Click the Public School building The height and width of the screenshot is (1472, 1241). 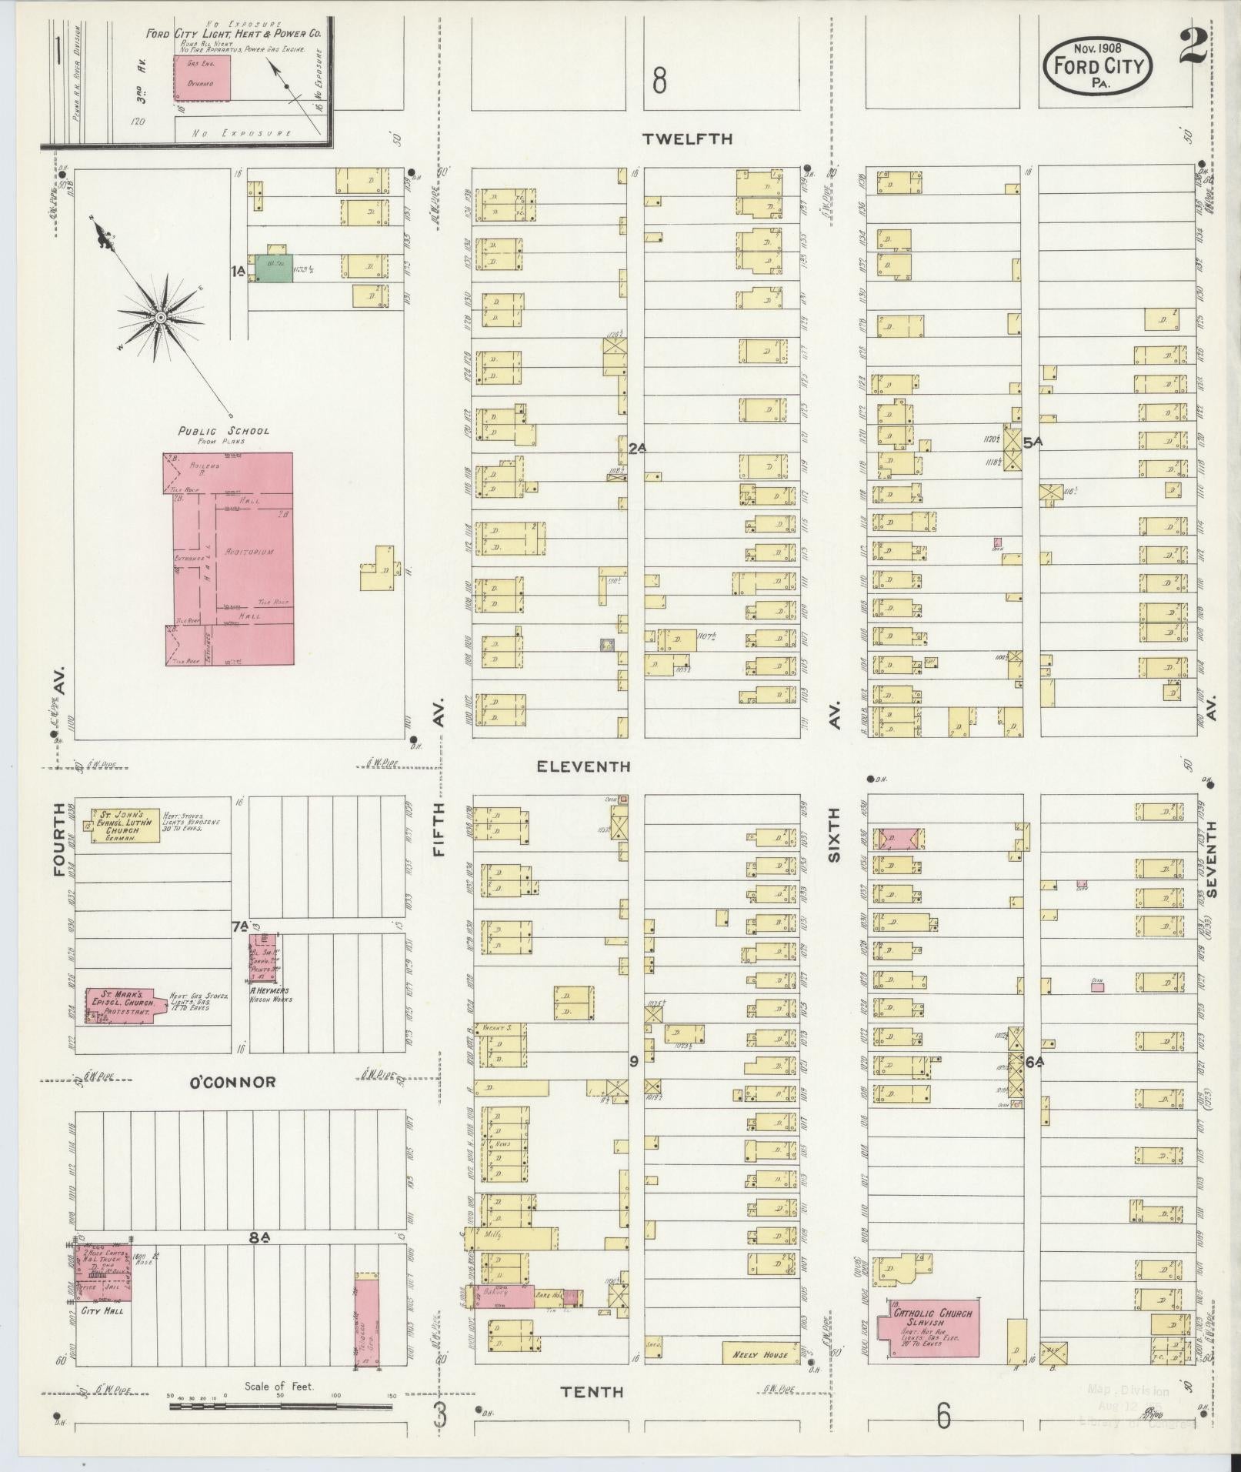pos(229,559)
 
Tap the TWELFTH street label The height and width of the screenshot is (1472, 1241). pos(688,139)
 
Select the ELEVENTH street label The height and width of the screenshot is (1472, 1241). pos(584,766)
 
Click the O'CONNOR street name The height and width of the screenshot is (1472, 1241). pos(232,1082)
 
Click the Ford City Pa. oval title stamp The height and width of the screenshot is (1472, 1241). pos(1098,67)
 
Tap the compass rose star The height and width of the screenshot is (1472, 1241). pos(161,317)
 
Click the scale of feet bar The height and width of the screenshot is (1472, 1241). pos(281,1406)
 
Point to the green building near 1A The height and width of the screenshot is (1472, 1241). pos(274,267)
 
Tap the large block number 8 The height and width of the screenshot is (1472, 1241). pos(659,80)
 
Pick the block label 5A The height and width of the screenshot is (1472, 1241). pos(1033,442)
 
